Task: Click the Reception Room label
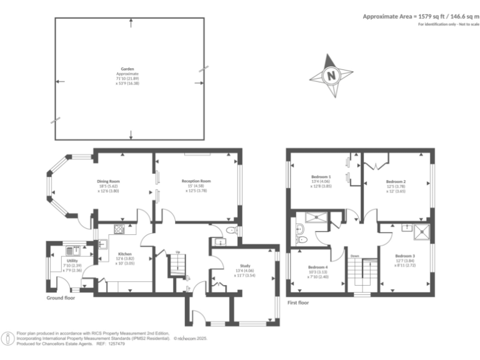[x=196, y=181]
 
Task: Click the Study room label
[x=244, y=266]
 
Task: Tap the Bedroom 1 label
[x=321, y=177]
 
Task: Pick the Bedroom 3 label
[x=404, y=256]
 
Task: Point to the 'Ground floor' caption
[x=61, y=298]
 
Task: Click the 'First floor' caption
[x=298, y=302]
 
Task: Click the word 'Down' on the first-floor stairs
[x=354, y=256]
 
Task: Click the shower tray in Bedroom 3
[x=423, y=231]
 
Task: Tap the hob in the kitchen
[x=120, y=229]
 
